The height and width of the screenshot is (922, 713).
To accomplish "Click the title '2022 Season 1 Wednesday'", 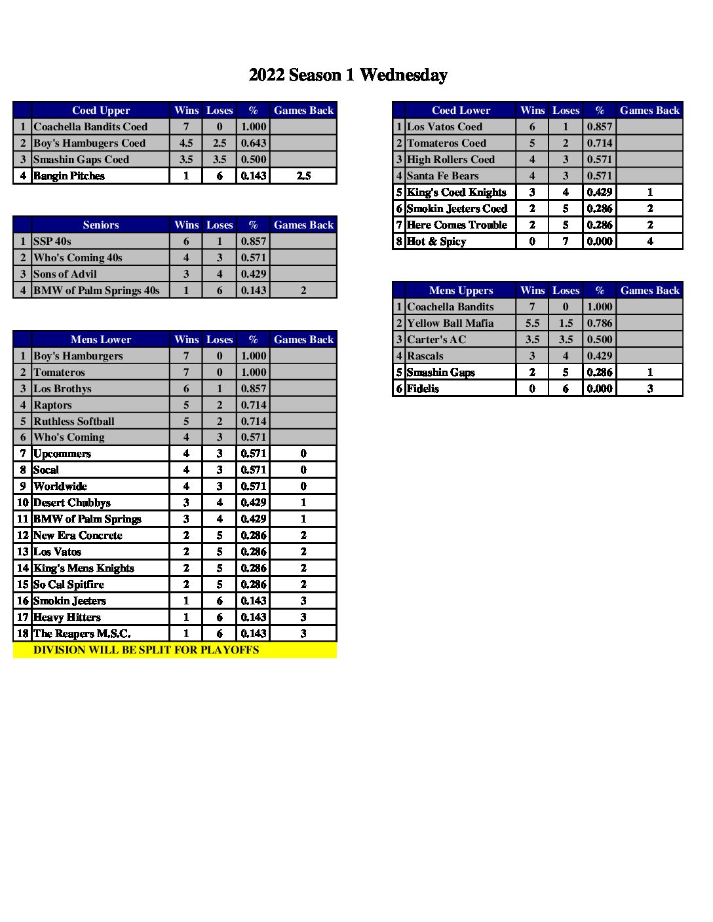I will click(x=348, y=75).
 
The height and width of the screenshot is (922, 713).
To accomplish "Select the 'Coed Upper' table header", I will click(x=101, y=110).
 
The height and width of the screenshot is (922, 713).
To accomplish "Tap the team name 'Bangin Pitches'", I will click(x=69, y=175).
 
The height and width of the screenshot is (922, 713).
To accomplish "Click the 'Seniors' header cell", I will click(x=101, y=225).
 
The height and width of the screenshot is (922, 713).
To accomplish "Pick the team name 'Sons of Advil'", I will click(x=65, y=274).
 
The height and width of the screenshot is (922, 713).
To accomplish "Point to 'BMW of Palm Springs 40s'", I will click(x=96, y=290).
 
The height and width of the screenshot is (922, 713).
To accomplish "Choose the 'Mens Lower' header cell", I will click(x=101, y=339).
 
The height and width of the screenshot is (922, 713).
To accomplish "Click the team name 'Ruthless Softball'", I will click(x=73, y=421).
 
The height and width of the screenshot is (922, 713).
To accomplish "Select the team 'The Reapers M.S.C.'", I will click(x=82, y=633).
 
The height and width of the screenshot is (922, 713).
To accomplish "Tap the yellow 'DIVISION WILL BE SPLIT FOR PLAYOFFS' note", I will click(x=146, y=650).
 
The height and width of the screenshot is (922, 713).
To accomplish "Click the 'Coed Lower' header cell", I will click(x=461, y=110).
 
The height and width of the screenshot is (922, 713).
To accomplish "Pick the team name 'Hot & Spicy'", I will click(x=436, y=241).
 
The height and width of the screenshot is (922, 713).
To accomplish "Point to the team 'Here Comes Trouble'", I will click(x=457, y=225).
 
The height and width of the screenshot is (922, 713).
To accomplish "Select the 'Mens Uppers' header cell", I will click(x=461, y=290).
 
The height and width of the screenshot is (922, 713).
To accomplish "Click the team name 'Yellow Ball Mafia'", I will click(x=450, y=323).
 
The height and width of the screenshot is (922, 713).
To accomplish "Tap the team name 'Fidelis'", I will click(x=423, y=388).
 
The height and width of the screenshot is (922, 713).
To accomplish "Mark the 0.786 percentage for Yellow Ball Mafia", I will click(x=600, y=323).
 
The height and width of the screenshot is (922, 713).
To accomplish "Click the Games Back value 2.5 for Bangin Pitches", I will click(x=303, y=175).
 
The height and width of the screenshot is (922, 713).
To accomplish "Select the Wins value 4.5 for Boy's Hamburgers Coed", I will click(x=186, y=143).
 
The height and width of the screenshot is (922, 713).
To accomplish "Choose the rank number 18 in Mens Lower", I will click(x=23, y=633).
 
